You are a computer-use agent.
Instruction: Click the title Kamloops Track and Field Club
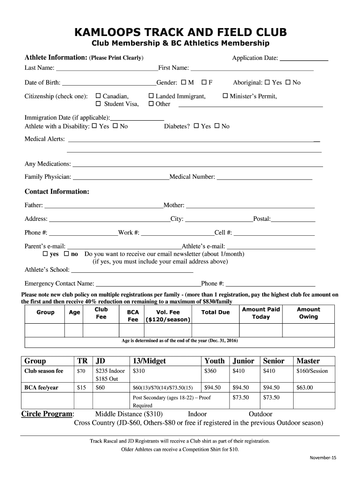click(x=180, y=32)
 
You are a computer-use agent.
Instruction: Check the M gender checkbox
click(x=183, y=83)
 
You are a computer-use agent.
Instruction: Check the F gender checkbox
click(x=204, y=83)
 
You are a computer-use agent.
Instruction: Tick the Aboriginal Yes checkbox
click(x=267, y=83)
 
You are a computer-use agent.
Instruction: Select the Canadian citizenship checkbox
click(x=98, y=96)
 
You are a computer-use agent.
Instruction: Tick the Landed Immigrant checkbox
click(x=151, y=96)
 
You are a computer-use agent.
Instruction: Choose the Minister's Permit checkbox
click(x=225, y=96)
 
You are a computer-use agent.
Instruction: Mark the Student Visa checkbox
click(x=98, y=104)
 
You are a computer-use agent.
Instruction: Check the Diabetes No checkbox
click(x=216, y=126)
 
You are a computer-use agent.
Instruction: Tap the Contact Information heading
click(x=57, y=192)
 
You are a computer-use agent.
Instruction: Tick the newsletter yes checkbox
click(x=45, y=254)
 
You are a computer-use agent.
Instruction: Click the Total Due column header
click(x=215, y=312)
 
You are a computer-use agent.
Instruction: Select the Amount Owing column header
click(x=308, y=313)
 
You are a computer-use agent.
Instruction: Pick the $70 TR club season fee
click(x=81, y=371)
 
